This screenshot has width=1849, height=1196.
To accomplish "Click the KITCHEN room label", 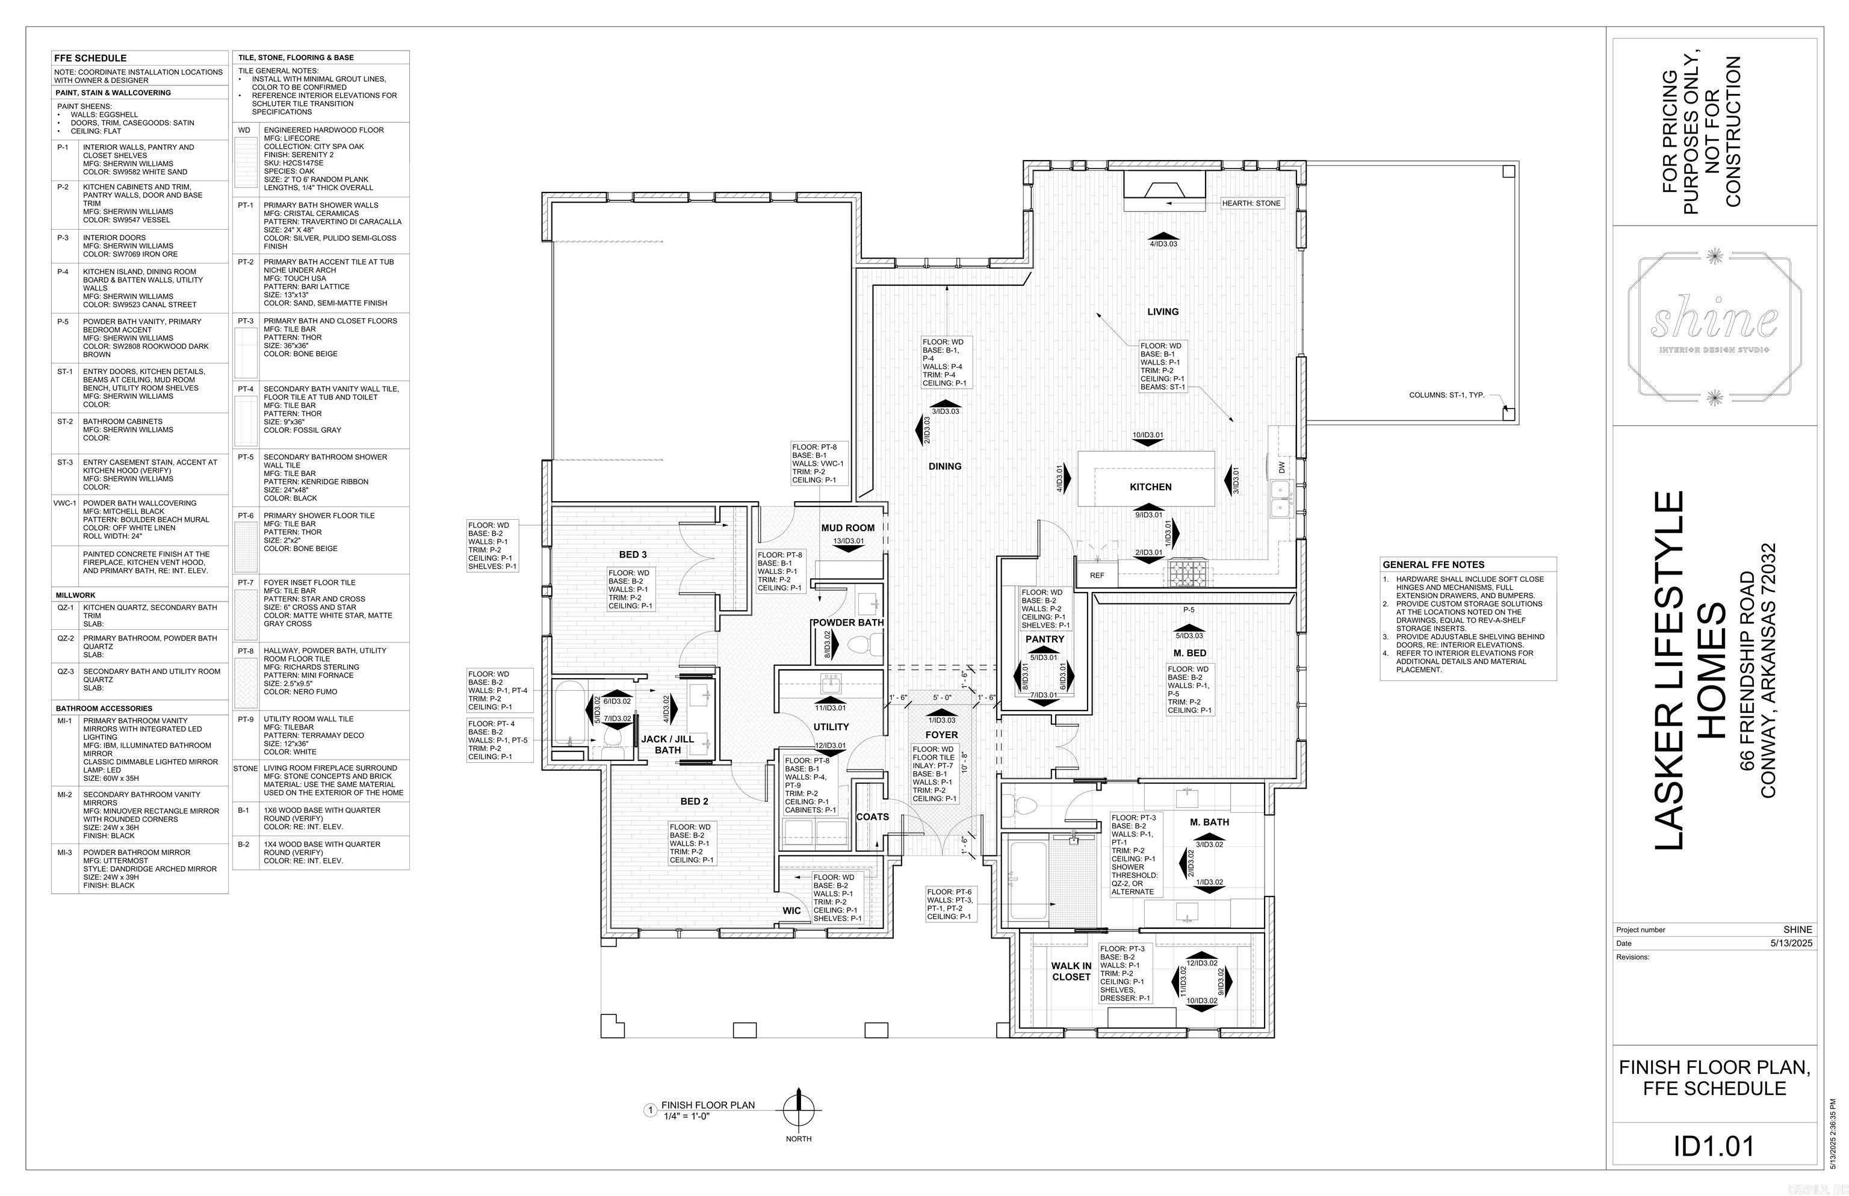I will point(1150,487).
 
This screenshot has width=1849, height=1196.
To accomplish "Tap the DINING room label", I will point(945,467).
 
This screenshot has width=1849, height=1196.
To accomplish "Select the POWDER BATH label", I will point(847,623).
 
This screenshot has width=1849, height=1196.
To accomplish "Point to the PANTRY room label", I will point(1044,639).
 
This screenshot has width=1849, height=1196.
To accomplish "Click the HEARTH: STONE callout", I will point(1251,203).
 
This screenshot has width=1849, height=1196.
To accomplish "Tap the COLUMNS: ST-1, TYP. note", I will point(1446,395).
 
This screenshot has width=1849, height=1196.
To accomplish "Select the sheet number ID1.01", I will point(1713,1146).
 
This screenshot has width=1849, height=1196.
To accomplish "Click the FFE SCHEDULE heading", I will point(90,58).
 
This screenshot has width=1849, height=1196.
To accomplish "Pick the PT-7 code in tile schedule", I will point(246,582).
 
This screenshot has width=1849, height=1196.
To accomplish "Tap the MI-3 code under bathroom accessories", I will point(64,852).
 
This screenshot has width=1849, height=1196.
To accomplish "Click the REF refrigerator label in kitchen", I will point(1096,576).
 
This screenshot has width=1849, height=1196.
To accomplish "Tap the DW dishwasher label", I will point(1281,467).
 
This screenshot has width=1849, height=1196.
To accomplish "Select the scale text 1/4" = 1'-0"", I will point(687,1116).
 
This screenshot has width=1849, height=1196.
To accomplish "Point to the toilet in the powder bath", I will point(864,643).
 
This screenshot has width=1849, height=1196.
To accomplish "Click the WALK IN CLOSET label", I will point(1071,972).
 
